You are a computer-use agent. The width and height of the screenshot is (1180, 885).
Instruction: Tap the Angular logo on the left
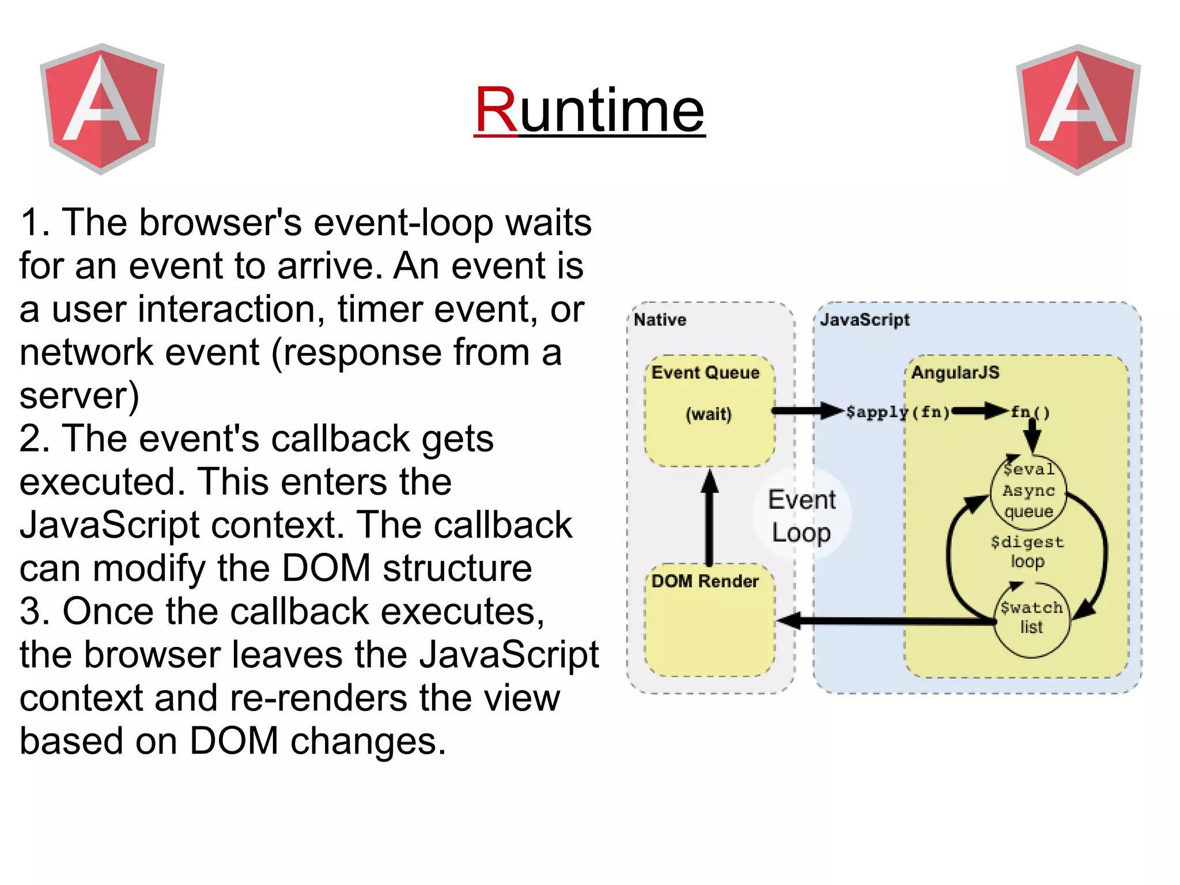102,108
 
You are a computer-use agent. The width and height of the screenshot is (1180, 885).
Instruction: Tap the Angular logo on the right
1078,110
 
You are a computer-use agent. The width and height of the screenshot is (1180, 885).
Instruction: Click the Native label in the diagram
660,319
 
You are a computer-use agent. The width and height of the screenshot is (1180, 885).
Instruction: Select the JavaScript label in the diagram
864,319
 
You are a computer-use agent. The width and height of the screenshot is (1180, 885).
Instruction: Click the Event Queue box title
705,372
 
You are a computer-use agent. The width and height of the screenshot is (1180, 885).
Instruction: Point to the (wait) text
708,414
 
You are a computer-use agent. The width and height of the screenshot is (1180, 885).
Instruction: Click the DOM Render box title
705,581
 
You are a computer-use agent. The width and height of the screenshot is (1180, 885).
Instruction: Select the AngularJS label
955,372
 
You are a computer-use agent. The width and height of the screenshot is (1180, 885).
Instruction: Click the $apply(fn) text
897,412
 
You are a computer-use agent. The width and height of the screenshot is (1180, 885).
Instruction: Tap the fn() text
1030,412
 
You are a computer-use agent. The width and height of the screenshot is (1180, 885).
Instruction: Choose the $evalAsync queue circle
1028,491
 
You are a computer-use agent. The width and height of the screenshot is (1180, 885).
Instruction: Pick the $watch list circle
1031,618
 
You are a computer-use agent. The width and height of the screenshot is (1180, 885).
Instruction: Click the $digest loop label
1027,551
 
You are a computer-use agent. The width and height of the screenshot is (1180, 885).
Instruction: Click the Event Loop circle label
801,515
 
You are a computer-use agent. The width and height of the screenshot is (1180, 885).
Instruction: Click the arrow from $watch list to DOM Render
887,621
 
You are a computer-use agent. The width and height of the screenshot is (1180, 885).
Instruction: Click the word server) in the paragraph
80,396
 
